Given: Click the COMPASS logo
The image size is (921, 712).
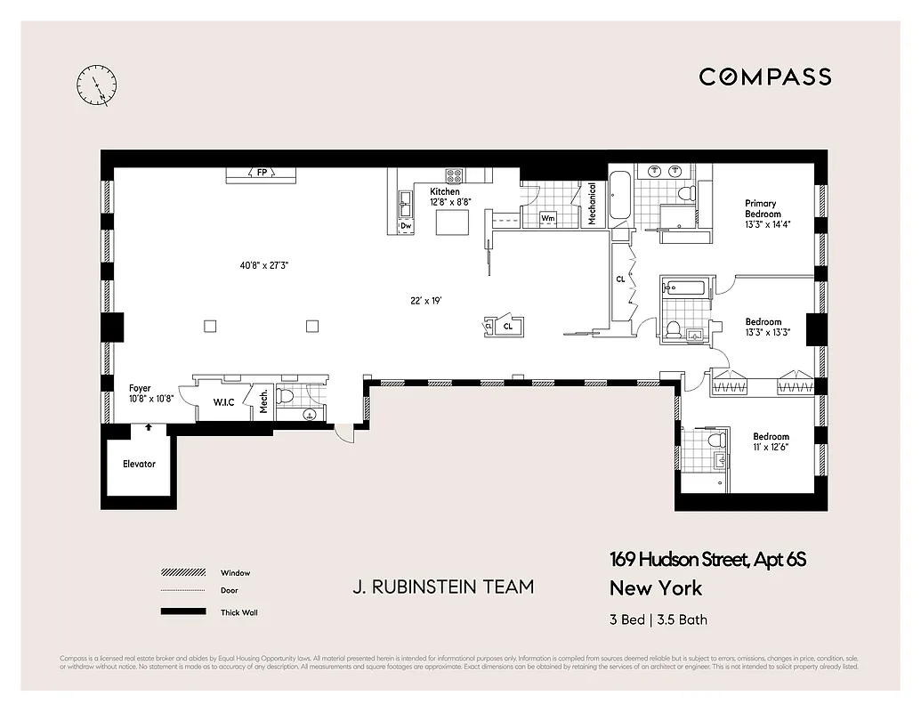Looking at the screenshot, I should coord(764,77).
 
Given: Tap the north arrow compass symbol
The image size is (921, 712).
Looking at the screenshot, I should coord(96,85).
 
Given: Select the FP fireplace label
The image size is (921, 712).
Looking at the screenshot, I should coord(262,173).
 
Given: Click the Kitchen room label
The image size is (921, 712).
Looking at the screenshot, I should coord(445,191).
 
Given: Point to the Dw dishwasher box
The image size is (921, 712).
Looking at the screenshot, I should coord(406,226).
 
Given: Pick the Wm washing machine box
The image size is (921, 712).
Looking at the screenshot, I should coord(548,218).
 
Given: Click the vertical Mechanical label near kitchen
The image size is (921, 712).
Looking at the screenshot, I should coord(592,204).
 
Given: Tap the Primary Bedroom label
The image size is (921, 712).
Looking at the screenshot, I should coord(763,209).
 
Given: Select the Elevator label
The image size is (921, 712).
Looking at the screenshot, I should coord(139,464).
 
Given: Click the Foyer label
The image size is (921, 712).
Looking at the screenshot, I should coord(140,388).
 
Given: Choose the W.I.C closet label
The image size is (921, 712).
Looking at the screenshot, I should coord(223,402).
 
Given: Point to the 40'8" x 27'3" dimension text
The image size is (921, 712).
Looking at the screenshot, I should coord(264,264).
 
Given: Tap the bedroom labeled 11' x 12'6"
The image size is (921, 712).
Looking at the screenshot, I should coord(771,441).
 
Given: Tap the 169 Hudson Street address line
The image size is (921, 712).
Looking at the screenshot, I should coord(707,560).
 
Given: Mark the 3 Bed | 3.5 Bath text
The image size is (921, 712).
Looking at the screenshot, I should coord(658,619).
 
